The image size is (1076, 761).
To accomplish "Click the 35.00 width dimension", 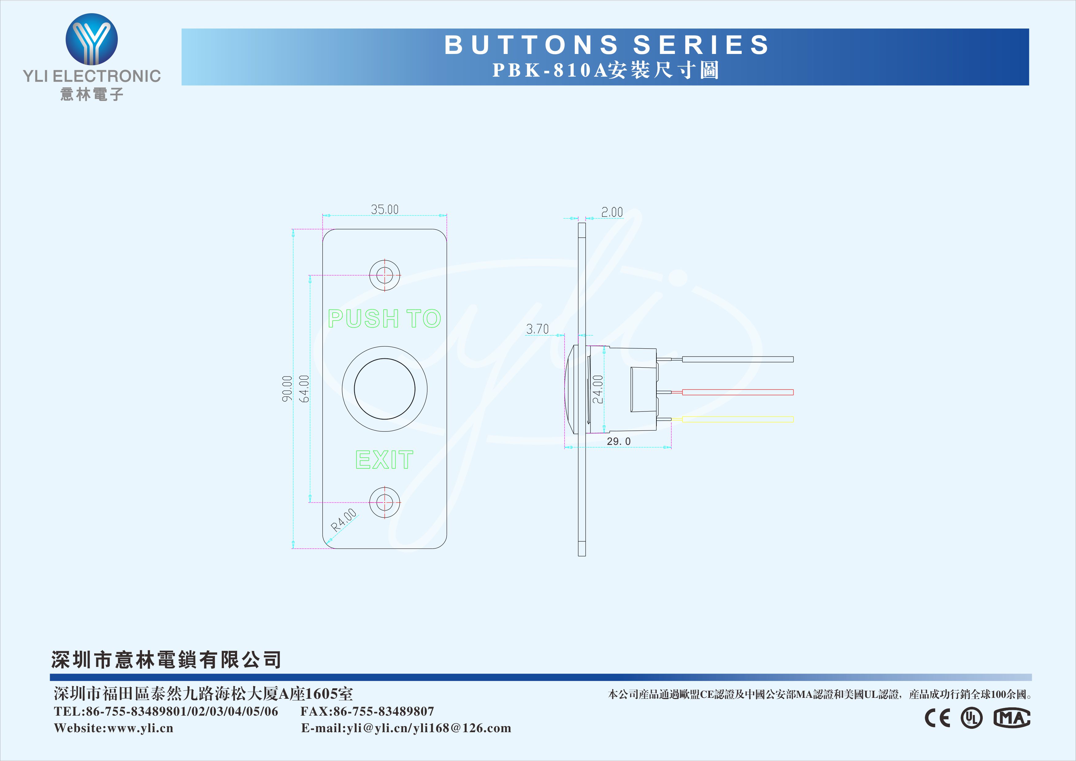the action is click(385, 209).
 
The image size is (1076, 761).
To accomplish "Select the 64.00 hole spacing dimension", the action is click(304, 388).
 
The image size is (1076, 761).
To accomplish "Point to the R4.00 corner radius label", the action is click(344, 519).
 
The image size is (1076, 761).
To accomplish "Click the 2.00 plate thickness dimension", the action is click(612, 212).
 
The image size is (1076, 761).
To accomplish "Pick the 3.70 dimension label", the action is click(537, 329).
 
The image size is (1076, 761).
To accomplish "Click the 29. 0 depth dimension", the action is click(619, 442).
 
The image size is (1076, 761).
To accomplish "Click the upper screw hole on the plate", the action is click(385, 275).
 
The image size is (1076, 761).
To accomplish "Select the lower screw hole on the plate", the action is click(385, 502).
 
